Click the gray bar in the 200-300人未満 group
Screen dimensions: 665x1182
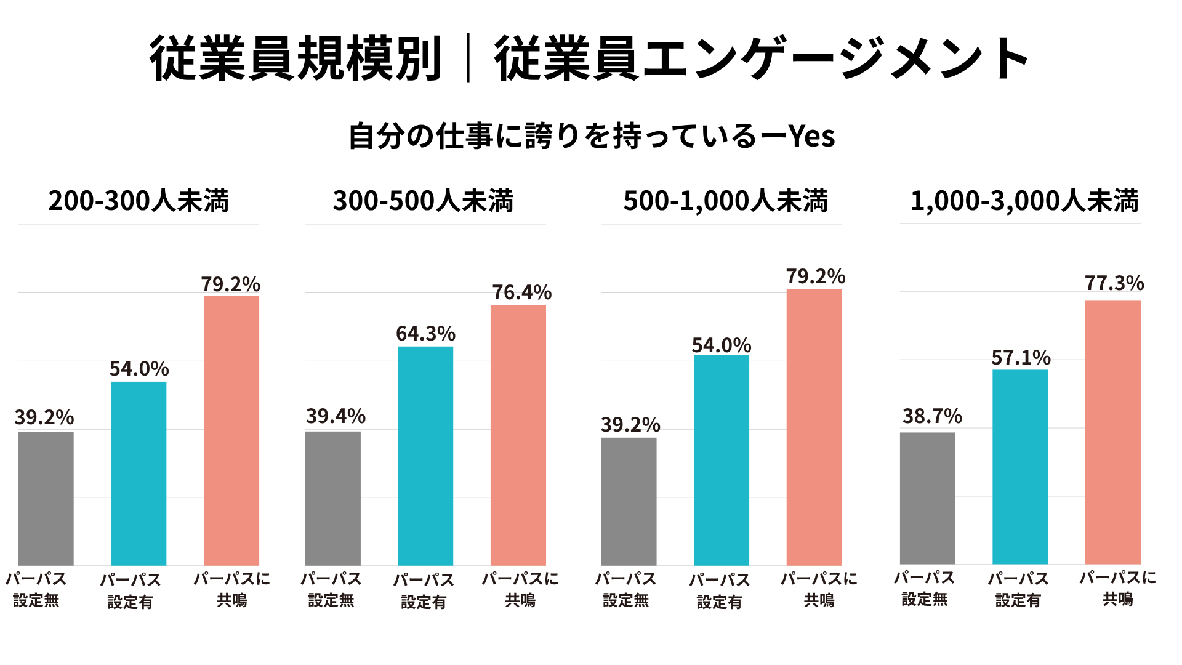[46, 498]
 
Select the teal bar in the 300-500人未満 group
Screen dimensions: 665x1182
[425, 456]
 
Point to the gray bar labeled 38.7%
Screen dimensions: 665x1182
[928, 498]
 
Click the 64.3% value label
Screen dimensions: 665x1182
[425, 334]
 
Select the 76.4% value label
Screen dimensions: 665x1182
[521, 292]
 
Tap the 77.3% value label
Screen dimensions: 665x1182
[1114, 283]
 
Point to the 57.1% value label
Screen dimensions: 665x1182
[1021, 358]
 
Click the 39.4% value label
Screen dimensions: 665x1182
[336, 416]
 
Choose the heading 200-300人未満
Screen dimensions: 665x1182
[139, 201]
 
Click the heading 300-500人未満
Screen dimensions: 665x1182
[423, 201]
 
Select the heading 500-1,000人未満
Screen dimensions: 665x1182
[726, 201]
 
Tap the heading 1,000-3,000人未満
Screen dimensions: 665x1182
[1024, 201]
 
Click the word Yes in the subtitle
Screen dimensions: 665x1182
[812, 136]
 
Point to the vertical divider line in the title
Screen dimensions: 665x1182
[468, 58]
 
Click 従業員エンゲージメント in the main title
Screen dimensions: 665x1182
[762, 58]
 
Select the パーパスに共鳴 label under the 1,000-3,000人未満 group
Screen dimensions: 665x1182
[1117, 588]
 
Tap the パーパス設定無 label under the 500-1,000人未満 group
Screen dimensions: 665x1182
[625, 589]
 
